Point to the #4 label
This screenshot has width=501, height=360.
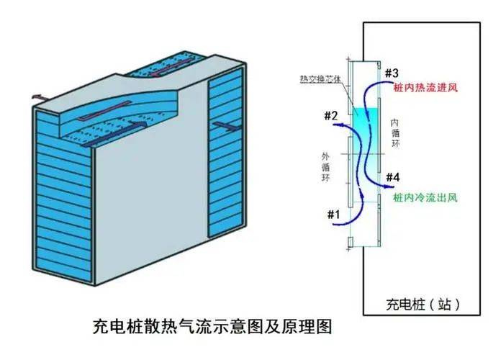pos(394,178)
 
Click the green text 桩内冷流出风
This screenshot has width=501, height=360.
pos(425,196)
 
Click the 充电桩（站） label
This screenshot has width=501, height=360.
pos(423,302)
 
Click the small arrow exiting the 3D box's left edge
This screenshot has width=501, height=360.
pos(40,96)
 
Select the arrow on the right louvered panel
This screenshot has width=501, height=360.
pos(225,127)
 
